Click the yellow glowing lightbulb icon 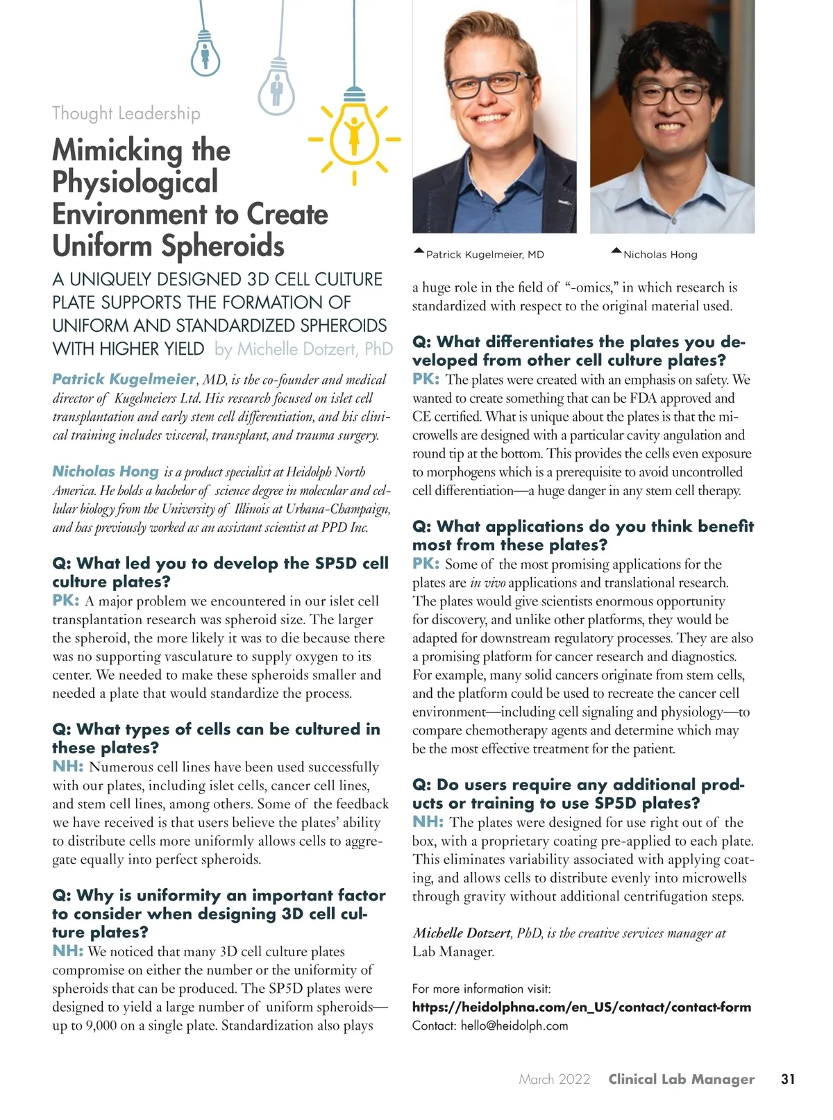[x=354, y=135]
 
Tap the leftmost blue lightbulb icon [x=205, y=56]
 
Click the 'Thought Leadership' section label [x=126, y=113]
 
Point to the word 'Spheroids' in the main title [x=223, y=246]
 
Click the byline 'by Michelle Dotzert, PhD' [x=303, y=349]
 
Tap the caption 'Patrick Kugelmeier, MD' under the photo [x=485, y=255]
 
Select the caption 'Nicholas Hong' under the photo [x=660, y=255]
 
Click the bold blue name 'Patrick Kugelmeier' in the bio [x=124, y=379]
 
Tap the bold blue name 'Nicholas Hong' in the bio [x=106, y=471]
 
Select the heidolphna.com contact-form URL [x=582, y=1007]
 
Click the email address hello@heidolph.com [x=514, y=1026]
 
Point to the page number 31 [x=788, y=1079]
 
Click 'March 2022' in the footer [x=555, y=1079]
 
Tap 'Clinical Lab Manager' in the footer [x=681, y=1079]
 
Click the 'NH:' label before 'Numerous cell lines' [x=68, y=767]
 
